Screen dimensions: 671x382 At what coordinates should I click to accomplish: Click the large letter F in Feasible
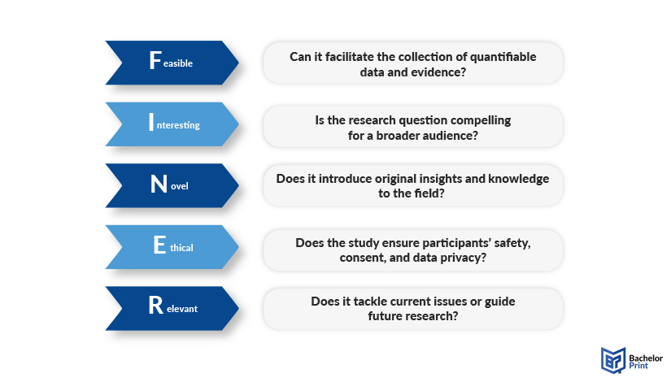click(155, 60)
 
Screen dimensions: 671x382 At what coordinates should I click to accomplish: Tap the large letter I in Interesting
click(151, 122)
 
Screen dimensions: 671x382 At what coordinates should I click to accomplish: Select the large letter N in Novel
click(159, 184)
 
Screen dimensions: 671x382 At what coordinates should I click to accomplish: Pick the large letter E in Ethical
click(159, 245)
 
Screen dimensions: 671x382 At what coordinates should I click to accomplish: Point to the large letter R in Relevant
click(156, 306)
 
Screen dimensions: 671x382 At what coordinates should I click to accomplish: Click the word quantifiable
click(503, 58)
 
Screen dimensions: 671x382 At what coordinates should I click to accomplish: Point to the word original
click(396, 179)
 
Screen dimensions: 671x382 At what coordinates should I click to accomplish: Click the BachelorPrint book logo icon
click(613, 360)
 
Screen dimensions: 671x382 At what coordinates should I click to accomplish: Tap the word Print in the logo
click(638, 366)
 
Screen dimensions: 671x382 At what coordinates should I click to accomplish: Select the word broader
click(398, 136)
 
